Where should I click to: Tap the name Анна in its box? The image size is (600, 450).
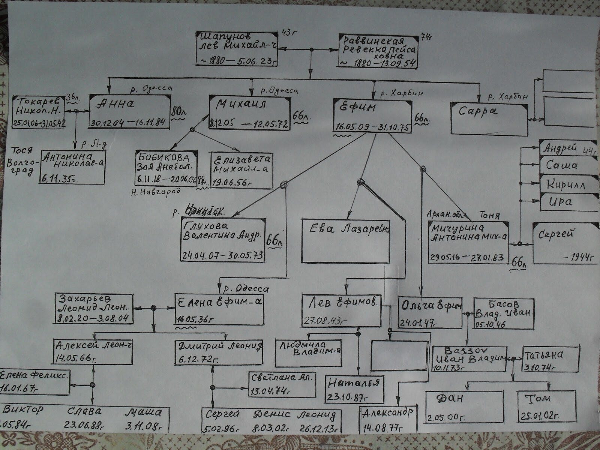click(115, 104)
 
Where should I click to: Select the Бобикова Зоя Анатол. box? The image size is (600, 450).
click(166, 169)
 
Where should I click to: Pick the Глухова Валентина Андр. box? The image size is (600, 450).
click(223, 239)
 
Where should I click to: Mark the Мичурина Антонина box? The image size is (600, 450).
click(469, 242)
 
